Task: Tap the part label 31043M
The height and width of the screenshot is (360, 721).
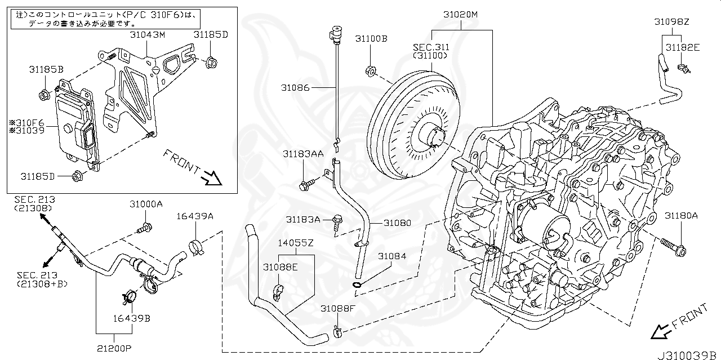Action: pos(147,35)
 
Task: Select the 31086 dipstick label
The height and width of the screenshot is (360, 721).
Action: pos(296,87)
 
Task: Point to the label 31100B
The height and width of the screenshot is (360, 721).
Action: pos(371,39)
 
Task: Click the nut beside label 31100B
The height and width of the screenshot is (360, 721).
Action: pos(371,71)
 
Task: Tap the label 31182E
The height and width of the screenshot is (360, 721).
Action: pos(682,48)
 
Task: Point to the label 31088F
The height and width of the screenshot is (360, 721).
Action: pos(338,309)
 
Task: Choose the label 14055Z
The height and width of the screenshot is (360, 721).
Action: pos(295,243)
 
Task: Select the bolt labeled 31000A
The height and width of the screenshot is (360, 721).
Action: pos(145,228)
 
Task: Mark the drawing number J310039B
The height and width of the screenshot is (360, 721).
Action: pos(687,354)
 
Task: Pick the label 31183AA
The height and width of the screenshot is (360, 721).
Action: pos(303,153)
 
